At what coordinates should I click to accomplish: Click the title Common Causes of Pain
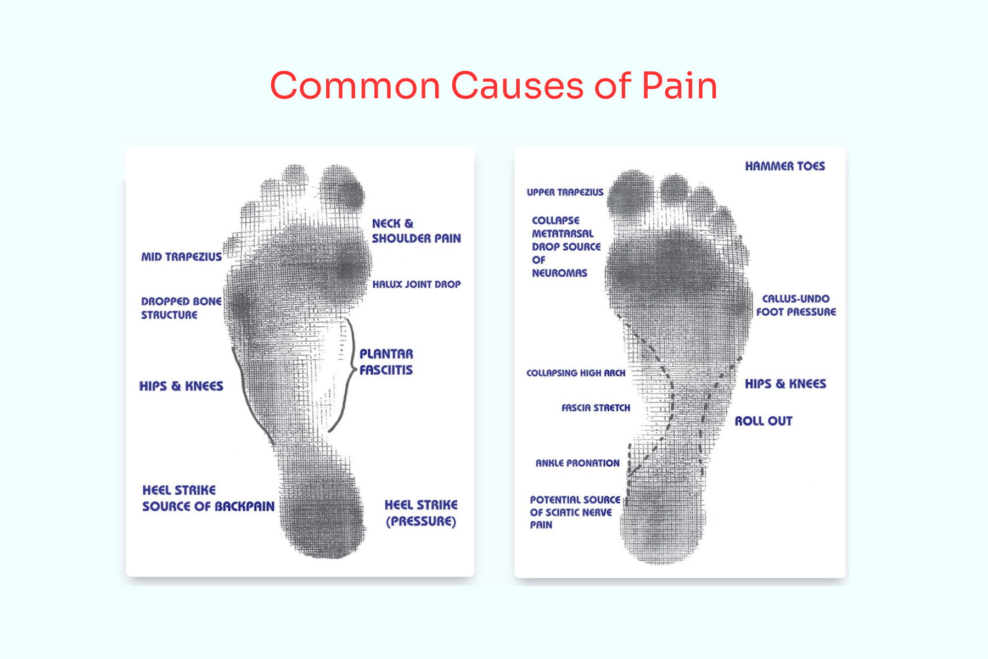[x=493, y=86]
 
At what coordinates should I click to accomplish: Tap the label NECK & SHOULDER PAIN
[x=416, y=231]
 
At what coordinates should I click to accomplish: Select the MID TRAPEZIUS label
[x=182, y=256]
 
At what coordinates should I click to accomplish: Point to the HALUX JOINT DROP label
[x=416, y=284]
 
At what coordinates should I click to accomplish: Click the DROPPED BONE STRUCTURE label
[x=181, y=308]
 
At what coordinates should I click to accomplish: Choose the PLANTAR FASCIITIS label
[x=386, y=361]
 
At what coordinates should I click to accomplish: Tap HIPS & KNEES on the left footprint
[x=181, y=386]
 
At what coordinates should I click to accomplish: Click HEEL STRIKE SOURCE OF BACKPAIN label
[x=208, y=498]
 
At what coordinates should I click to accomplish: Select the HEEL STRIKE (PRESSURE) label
[x=421, y=513]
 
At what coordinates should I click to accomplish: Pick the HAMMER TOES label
[x=785, y=166]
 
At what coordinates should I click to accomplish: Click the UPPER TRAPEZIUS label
[x=565, y=192]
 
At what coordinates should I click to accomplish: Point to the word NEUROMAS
[x=559, y=273]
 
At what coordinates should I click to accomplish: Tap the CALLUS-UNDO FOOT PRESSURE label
[x=796, y=305]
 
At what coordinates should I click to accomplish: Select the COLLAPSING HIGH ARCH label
[x=576, y=373]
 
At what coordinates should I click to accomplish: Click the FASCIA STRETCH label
[x=596, y=407]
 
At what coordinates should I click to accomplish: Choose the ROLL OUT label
[x=764, y=421]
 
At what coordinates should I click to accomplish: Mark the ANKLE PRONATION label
[x=577, y=463]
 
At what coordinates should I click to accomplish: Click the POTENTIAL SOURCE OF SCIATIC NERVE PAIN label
[x=574, y=512]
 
